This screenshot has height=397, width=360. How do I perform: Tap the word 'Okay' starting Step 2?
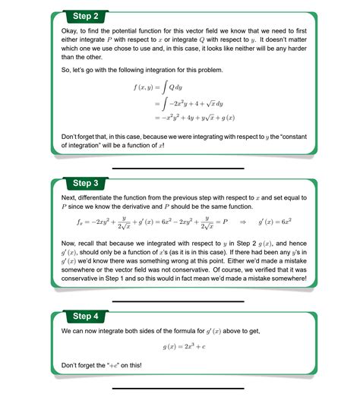[69, 30]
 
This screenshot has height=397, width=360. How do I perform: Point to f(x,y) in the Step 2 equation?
[146, 88]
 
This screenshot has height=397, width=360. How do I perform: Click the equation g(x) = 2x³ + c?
[186, 347]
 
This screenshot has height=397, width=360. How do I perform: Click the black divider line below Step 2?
[179, 168]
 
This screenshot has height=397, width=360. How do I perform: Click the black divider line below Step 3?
[179, 301]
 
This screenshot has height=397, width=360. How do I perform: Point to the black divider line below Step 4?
[179, 388]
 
